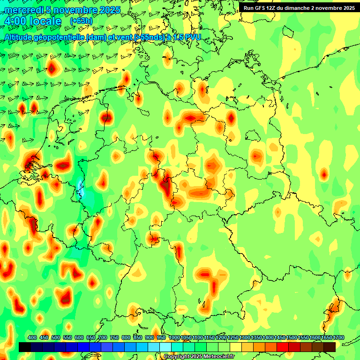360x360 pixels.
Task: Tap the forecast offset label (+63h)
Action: tap(81, 21)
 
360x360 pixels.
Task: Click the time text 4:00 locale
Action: tap(32, 21)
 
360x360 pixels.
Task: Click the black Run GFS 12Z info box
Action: tap(299, 7)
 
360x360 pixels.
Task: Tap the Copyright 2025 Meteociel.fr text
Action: tap(199, 357)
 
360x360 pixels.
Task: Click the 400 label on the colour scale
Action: tap(32, 337)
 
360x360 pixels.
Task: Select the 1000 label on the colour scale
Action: tap(174, 337)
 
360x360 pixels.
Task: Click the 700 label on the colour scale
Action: tap(103, 337)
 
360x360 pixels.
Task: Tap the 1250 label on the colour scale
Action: tap(233, 337)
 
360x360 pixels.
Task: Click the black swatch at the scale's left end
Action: tap(25, 347)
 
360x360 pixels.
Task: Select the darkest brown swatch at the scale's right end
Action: tap(330, 347)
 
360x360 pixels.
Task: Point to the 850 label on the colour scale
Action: tap(138, 337)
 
